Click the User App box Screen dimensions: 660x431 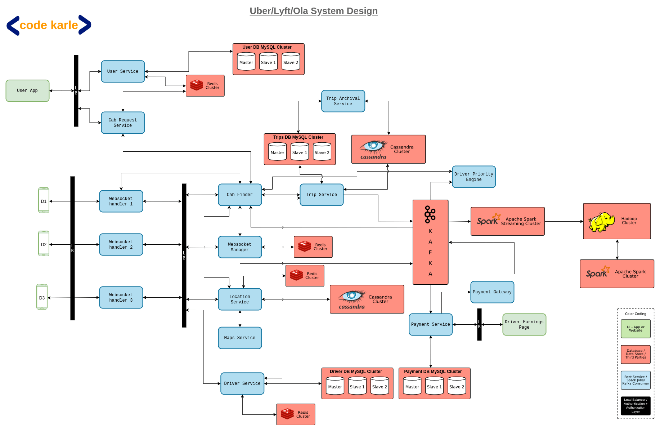pyautogui.click(x=27, y=91)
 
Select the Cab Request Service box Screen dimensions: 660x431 pyautogui.click(x=123, y=123)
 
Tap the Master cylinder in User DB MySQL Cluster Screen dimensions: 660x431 pyautogui.click(x=246, y=62)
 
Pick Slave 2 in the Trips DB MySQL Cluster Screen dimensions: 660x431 pyautogui.click(x=322, y=152)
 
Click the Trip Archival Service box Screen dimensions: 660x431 pyautogui.click(x=343, y=101)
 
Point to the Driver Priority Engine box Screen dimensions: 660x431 pyautogui.click(x=474, y=177)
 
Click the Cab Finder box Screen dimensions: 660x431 pyautogui.click(x=240, y=195)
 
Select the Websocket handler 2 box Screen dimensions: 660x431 pyautogui.click(x=121, y=245)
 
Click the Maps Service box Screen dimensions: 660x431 pyautogui.click(x=240, y=338)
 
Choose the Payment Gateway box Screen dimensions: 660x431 pyautogui.click(x=492, y=292)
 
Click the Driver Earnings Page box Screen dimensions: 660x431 pyautogui.click(x=524, y=325)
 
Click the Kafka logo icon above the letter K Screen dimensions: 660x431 pyautogui.click(x=430, y=214)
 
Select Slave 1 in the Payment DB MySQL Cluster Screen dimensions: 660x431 pyautogui.click(x=435, y=386)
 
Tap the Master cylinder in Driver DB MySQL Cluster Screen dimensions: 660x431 pyautogui.click(x=335, y=386)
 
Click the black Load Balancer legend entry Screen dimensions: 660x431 pyautogui.click(x=636, y=406)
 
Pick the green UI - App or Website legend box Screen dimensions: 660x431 pyautogui.click(x=636, y=329)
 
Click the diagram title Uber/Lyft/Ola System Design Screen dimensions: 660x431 pyautogui.click(x=314, y=11)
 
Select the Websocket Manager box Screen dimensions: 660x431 pyautogui.click(x=240, y=247)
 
